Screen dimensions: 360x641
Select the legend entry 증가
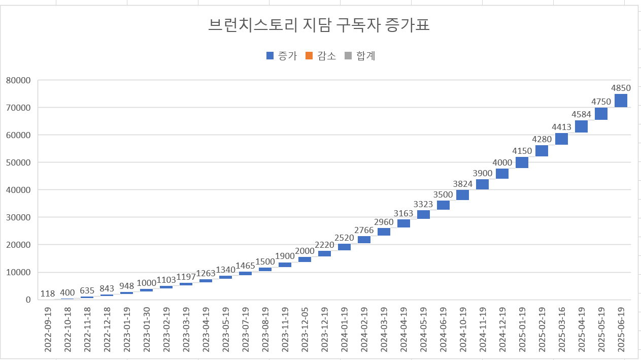tap(282, 56)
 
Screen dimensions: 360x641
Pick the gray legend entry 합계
tap(360, 56)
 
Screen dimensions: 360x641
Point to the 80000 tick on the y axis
tap(19, 80)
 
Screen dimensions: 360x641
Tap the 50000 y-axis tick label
tap(19, 162)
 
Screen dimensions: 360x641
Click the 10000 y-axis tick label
tap(19, 272)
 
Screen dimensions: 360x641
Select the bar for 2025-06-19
tap(621, 101)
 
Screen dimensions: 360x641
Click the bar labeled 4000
tap(502, 174)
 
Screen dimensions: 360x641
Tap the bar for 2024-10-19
tap(462, 195)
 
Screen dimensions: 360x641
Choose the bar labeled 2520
tap(344, 247)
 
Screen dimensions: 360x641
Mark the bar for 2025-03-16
tap(561, 139)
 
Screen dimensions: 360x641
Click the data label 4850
tap(621, 88)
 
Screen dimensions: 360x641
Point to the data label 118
tap(48, 294)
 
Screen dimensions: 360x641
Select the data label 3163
tap(403, 213)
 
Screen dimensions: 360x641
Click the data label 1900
tap(285, 256)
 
